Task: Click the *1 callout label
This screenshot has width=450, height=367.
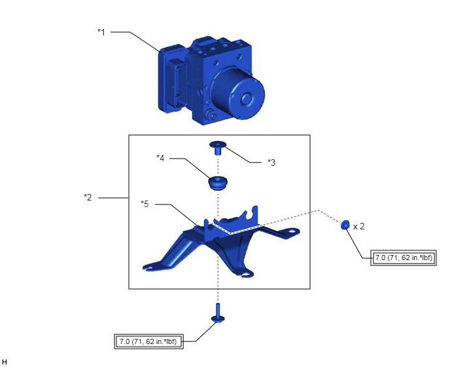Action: [101, 32]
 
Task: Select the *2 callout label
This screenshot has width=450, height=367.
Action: [88, 197]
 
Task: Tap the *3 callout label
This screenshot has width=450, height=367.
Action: [271, 163]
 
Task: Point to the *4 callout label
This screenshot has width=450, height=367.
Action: [160, 158]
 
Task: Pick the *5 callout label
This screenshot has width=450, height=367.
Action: [145, 204]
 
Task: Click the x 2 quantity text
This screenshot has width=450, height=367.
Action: [358, 226]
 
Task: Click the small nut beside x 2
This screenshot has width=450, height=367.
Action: [345, 225]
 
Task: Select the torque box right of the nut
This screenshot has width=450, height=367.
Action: [404, 258]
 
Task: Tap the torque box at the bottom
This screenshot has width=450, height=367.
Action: [148, 341]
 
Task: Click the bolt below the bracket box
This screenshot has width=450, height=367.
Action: [218, 313]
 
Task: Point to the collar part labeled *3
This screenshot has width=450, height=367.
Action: [218, 147]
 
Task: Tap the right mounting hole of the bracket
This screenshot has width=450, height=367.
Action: [292, 231]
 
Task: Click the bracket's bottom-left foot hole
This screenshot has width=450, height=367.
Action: [148, 268]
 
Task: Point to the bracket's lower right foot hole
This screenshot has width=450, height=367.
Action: [246, 275]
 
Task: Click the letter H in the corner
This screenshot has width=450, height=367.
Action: [4, 362]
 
